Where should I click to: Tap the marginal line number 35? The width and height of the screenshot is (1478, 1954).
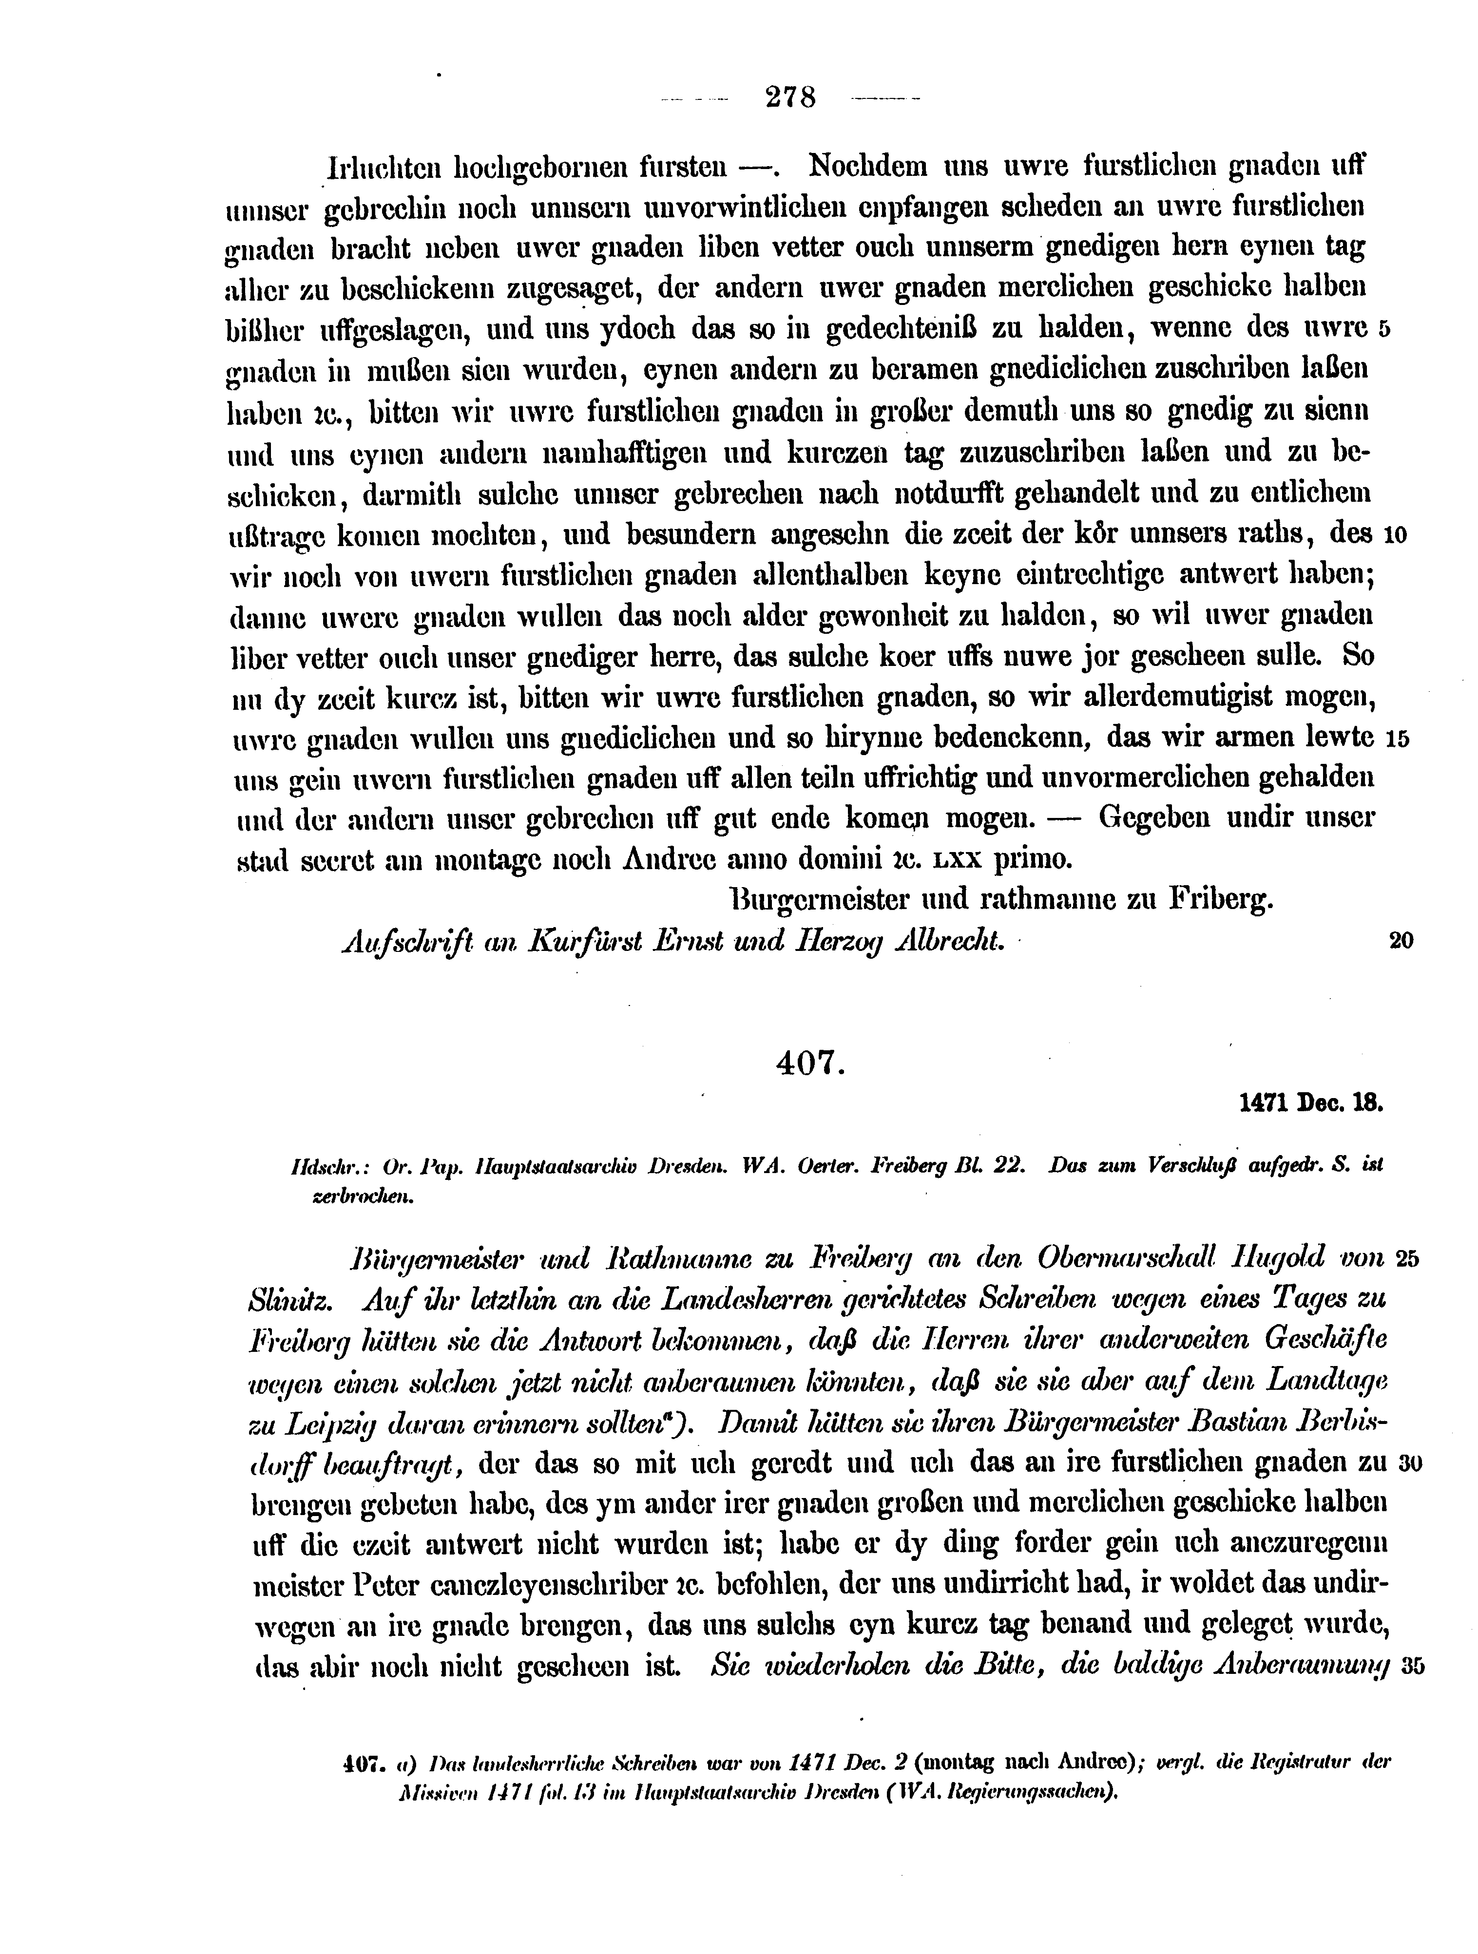pos(1412,1666)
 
